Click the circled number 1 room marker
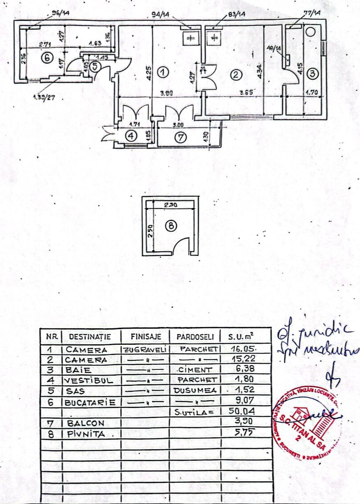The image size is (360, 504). [x=163, y=72]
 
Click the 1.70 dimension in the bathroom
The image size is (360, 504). [x=313, y=93]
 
